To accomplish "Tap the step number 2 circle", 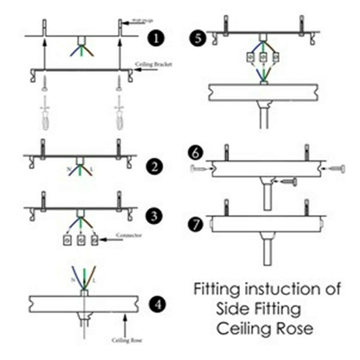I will pyautogui.click(x=154, y=166).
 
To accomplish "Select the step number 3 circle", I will pyautogui.click(x=154, y=216).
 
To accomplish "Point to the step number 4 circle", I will pyautogui.click(x=157, y=305).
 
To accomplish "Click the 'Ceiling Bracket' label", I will pyautogui.click(x=154, y=64).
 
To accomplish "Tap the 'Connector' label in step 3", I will pyautogui.click(x=129, y=235).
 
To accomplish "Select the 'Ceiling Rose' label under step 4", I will pyautogui.click(x=127, y=340).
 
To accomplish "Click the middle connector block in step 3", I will pyautogui.click(x=81, y=241).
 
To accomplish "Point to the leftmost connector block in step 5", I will pyautogui.click(x=251, y=57).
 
